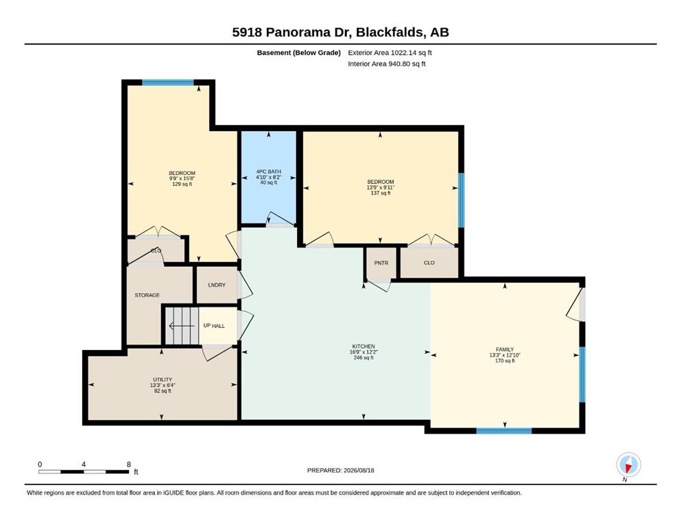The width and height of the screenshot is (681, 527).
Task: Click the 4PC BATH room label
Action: [x=268, y=172]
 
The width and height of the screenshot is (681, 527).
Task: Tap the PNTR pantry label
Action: [x=381, y=263]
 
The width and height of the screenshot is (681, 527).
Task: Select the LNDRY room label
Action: [x=217, y=285]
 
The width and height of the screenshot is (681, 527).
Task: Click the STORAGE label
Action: [x=147, y=295]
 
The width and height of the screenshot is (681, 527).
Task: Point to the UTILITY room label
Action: [x=163, y=379]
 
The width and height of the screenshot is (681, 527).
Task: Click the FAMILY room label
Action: [x=505, y=349]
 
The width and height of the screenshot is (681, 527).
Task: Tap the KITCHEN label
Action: [x=363, y=347]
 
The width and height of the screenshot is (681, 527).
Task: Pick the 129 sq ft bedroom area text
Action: [x=182, y=184]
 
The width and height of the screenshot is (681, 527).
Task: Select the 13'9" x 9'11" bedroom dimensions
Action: [x=381, y=187]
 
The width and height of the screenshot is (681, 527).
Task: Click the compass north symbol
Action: [x=628, y=465]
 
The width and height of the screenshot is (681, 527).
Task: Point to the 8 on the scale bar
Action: [x=128, y=465]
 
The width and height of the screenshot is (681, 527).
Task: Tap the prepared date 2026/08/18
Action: [x=359, y=470]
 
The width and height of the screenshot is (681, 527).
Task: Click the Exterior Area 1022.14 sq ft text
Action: [x=390, y=53]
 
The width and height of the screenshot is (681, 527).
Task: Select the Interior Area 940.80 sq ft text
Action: [x=387, y=64]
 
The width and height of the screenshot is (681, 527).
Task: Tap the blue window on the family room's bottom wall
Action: [x=504, y=431]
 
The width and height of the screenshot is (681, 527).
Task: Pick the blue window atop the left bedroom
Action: [x=167, y=82]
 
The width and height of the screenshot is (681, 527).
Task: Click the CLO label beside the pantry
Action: [x=429, y=263]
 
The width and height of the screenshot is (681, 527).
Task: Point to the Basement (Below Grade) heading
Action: [x=299, y=53]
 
